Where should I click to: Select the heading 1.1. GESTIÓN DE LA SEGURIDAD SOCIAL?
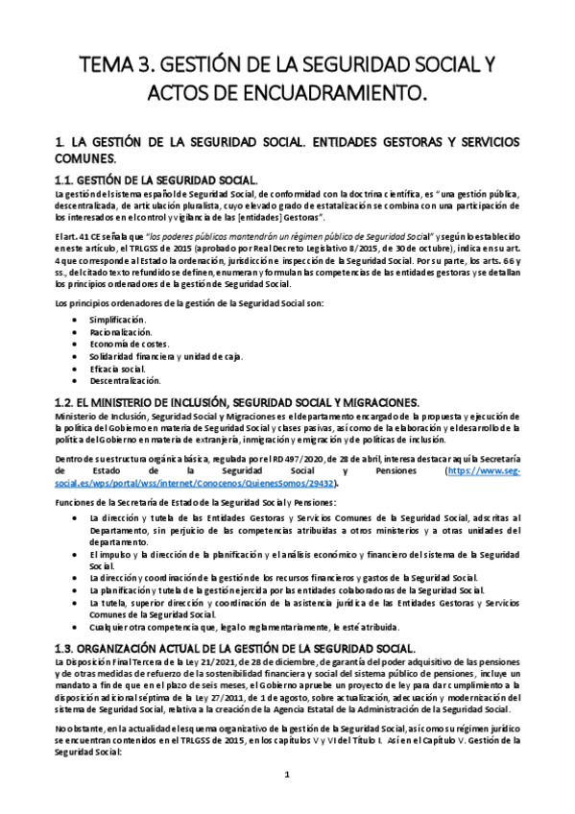pyautogui.click(x=156, y=180)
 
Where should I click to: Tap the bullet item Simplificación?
pyautogui.click(x=118, y=318)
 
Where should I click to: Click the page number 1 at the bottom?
pyautogui.click(x=287, y=773)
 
